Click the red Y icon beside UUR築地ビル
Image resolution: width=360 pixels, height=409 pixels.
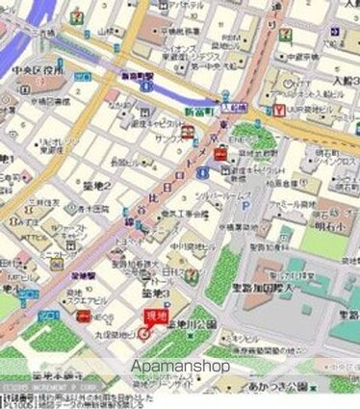point(277,110)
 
